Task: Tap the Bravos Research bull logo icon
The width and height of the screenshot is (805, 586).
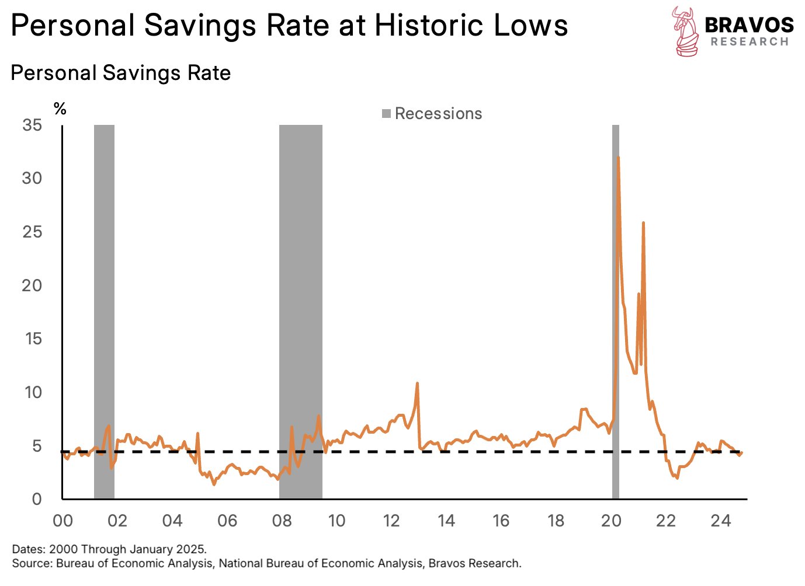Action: (x=685, y=32)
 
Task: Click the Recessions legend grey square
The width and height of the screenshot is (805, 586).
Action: (x=386, y=114)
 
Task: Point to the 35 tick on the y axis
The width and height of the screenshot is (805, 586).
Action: (x=32, y=125)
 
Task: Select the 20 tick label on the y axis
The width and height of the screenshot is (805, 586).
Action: (x=32, y=285)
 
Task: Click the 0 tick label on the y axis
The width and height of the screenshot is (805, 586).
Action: (x=37, y=499)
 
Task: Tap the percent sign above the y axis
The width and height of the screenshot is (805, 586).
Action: (x=60, y=109)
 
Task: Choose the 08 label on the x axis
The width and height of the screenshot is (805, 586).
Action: (x=282, y=521)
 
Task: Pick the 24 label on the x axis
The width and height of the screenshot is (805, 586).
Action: (x=721, y=521)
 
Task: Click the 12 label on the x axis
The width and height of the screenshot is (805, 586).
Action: (x=391, y=521)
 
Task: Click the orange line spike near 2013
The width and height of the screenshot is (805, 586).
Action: (x=417, y=383)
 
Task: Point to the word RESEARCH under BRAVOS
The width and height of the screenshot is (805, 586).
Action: (x=750, y=42)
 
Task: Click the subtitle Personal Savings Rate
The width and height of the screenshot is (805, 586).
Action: (x=120, y=73)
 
